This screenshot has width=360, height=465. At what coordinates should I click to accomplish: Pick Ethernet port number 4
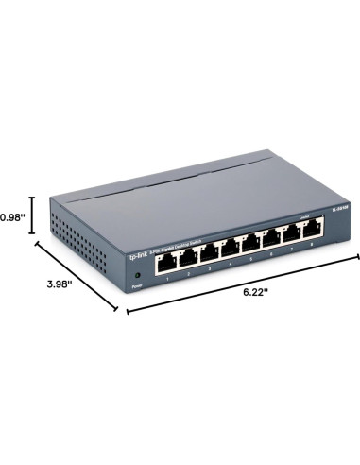tap(231, 248)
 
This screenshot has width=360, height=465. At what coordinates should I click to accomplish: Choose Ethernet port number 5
tap(251, 244)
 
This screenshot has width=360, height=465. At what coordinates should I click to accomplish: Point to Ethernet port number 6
tap(271, 240)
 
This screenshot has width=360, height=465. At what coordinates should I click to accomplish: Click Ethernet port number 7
tap(292, 236)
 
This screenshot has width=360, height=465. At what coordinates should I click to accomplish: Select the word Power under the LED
tap(137, 284)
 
